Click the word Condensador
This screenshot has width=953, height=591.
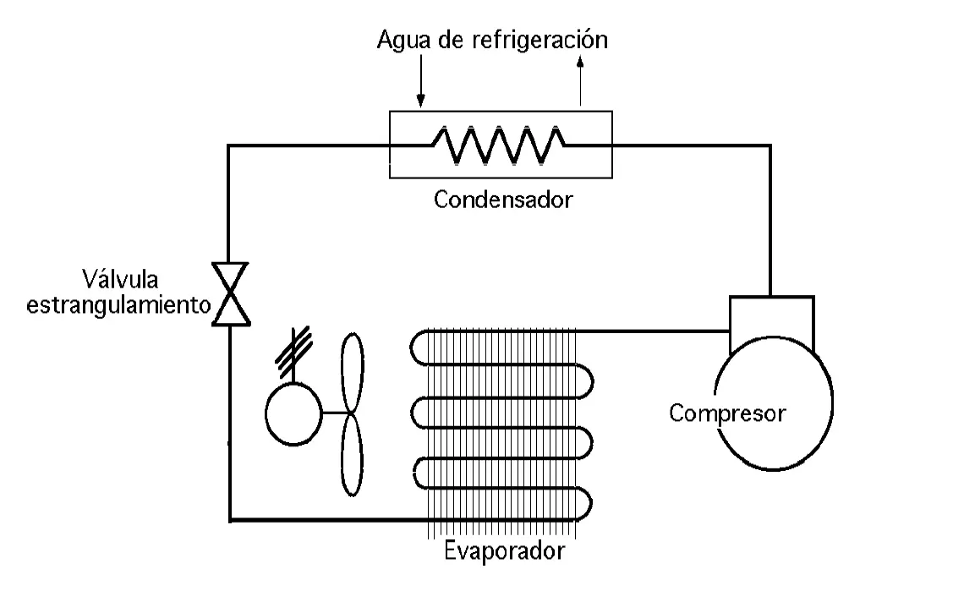click(x=503, y=200)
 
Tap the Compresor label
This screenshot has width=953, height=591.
click(x=727, y=414)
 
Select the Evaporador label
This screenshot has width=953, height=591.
click(x=504, y=552)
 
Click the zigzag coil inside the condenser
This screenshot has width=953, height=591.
click(x=499, y=145)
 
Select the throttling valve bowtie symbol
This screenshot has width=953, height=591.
click(x=229, y=293)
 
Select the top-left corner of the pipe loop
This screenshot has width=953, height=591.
click(x=230, y=145)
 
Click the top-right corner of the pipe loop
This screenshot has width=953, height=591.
click(x=770, y=145)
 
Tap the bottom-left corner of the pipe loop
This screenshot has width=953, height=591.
click(x=230, y=519)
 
